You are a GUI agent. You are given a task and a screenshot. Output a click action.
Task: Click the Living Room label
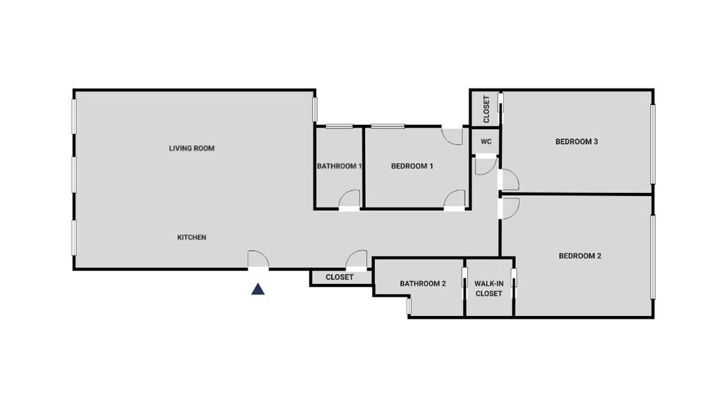(x=192, y=149)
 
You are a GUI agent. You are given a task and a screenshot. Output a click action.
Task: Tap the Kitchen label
(x=192, y=237)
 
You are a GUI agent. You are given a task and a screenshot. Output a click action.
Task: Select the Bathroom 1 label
(x=340, y=166)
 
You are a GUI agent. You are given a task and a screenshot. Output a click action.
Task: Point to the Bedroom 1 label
(x=412, y=166)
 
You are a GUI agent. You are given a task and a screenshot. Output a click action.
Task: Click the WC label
(x=486, y=142)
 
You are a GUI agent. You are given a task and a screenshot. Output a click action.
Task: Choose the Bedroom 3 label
(x=577, y=142)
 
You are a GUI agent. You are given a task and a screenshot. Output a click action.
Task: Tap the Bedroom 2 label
(x=580, y=256)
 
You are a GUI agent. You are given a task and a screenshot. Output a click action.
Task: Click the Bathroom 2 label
(x=423, y=284)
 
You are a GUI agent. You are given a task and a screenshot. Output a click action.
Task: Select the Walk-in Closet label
(x=489, y=288)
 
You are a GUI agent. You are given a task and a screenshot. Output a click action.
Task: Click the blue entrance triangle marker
(x=258, y=289)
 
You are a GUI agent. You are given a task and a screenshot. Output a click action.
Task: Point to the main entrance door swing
(x=258, y=259)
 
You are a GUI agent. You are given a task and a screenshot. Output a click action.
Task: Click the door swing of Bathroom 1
(x=349, y=199)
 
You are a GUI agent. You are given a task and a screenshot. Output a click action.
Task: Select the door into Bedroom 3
(x=509, y=179)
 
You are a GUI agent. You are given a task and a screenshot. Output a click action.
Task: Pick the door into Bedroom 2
(x=509, y=208)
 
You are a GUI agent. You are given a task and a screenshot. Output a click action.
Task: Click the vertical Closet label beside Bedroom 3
(x=486, y=109)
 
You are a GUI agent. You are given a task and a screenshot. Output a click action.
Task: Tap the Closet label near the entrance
(x=340, y=277)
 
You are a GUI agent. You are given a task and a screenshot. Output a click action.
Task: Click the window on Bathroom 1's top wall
(x=340, y=126)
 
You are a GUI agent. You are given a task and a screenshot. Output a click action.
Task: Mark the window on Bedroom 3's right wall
(x=652, y=144)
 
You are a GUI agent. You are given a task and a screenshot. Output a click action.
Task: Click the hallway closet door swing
(x=357, y=259)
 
